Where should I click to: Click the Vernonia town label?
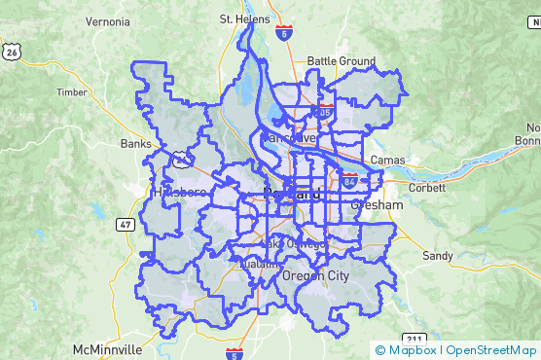click(107, 21)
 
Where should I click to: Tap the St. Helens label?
click(241, 18)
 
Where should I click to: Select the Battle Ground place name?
click(341, 61)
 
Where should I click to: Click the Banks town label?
click(135, 144)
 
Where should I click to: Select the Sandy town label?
click(438, 256)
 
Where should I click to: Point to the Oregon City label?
click(314, 276)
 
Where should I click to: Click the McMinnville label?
click(107, 348)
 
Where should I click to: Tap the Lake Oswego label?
click(292, 243)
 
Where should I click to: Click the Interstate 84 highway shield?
click(349, 180)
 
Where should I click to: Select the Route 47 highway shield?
click(126, 225)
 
